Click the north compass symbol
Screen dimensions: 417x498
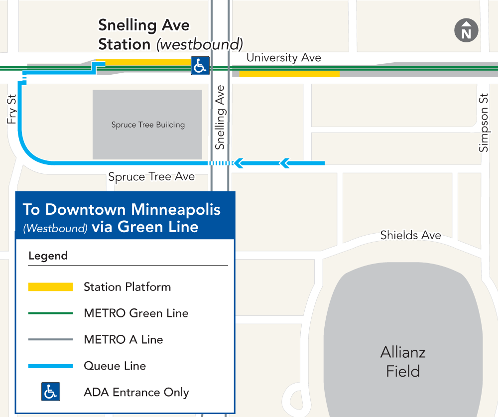click(466, 30)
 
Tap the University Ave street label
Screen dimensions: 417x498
click(283, 58)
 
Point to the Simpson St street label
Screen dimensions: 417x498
click(484, 123)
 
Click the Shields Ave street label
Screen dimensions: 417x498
click(410, 235)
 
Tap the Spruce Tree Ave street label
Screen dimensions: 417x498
click(151, 177)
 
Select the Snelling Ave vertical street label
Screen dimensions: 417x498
click(220, 118)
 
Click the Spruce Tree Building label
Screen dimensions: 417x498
click(148, 125)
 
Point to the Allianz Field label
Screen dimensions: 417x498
click(403, 362)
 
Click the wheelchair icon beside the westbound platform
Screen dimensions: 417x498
click(200, 66)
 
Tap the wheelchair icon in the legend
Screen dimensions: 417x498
click(50, 392)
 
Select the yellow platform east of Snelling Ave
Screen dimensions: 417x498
click(289, 74)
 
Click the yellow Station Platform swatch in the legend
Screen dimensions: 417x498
click(51, 287)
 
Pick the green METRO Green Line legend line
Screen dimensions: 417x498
click(51, 313)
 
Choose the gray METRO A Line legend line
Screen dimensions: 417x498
click(51, 340)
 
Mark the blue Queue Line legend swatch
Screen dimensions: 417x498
click(51, 366)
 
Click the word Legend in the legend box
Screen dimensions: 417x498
click(48, 256)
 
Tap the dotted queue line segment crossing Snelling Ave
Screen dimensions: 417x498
click(220, 163)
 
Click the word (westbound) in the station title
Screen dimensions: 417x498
click(199, 44)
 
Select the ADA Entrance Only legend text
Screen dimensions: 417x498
click(136, 392)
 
